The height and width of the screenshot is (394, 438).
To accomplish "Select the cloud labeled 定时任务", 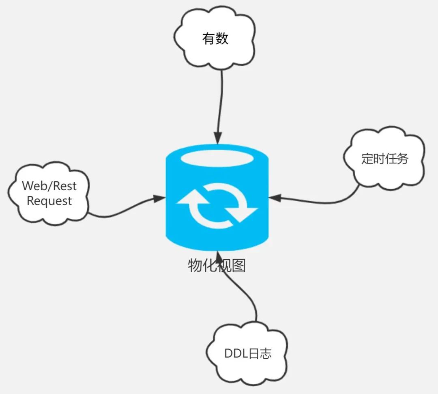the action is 384,158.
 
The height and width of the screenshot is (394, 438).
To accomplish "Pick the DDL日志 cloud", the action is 247,353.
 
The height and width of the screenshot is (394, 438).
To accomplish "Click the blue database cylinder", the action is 217,197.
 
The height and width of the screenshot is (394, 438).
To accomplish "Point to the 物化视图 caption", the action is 217,265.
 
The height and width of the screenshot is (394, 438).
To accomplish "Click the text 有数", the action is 215,39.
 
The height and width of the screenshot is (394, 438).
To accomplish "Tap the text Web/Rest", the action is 49,186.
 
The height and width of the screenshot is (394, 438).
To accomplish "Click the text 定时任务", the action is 384,158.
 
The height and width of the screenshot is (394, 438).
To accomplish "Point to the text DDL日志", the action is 248,353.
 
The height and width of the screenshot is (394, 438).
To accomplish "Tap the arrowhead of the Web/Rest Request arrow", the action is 159,199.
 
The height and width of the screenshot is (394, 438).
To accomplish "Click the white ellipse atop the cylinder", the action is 217,159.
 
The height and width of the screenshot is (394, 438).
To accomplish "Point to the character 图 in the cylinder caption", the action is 239,265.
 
